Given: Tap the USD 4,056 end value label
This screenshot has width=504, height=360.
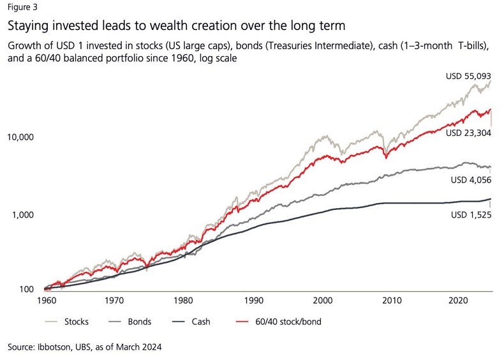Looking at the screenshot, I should [x=469, y=181].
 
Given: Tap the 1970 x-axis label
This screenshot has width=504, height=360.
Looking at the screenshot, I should [x=115, y=299].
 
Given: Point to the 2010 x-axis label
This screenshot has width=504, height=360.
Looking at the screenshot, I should [x=392, y=299].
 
